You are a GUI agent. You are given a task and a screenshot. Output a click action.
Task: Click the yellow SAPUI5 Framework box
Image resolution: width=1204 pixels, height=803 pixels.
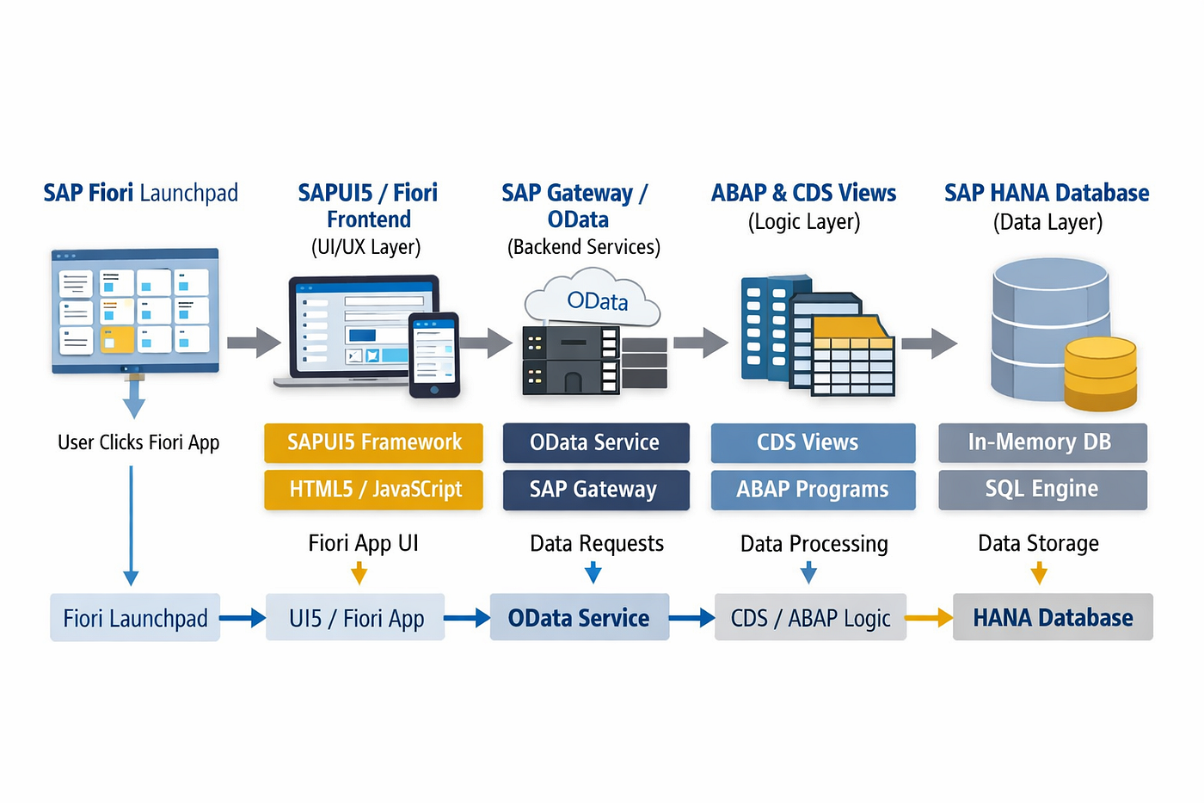click(x=373, y=442)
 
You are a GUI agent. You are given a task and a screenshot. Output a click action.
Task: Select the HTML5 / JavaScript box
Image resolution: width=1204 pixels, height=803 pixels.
click(x=373, y=489)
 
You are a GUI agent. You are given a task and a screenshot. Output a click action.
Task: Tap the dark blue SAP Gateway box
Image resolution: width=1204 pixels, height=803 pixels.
click(x=596, y=489)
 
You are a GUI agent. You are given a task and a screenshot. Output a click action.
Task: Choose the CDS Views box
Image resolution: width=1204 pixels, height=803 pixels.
click(x=813, y=442)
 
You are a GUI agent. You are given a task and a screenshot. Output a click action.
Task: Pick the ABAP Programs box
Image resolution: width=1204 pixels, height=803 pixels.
click(x=813, y=489)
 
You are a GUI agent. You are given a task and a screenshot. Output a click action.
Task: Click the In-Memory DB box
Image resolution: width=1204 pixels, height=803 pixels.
click(x=1042, y=442)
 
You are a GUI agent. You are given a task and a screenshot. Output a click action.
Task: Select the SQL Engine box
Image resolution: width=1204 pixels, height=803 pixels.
click(x=1042, y=489)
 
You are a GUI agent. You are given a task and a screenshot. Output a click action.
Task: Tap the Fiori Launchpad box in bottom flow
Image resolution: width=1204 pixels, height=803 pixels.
click(x=135, y=618)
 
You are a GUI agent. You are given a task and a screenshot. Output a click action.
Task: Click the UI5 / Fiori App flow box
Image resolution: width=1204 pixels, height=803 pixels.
click(x=355, y=618)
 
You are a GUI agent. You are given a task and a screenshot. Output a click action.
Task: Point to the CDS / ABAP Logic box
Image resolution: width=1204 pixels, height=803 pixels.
click(x=810, y=618)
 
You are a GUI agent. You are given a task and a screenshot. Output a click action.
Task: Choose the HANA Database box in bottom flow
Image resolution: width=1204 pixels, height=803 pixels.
click(x=1053, y=618)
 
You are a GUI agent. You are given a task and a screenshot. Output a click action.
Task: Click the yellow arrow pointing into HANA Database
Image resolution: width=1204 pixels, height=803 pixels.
click(x=930, y=618)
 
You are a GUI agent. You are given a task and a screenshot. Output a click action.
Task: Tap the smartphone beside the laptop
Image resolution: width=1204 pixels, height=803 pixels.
click(x=433, y=355)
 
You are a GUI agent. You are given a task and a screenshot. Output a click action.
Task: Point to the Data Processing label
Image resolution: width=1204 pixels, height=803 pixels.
click(x=814, y=544)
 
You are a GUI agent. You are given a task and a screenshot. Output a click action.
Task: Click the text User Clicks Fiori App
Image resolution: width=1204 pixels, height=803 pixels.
click(x=138, y=442)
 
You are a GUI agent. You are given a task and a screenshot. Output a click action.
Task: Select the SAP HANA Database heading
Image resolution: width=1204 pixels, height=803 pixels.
click(x=1047, y=194)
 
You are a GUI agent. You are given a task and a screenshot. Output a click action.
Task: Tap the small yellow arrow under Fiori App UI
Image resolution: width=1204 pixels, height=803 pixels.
click(x=359, y=573)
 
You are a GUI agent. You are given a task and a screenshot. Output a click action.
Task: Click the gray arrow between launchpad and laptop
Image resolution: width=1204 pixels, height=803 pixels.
click(x=254, y=343)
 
